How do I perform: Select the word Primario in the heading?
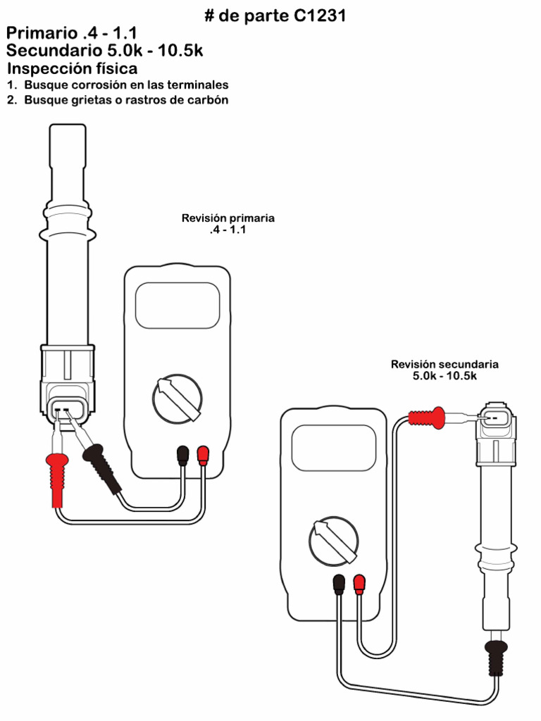41,33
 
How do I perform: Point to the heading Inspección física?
72,69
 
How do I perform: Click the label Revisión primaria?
228,218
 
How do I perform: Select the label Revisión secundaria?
444,364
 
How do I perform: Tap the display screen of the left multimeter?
177,305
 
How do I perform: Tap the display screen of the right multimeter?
334,448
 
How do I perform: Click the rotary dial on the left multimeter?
178,398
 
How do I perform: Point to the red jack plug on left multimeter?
203,456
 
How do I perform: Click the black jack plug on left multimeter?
183,456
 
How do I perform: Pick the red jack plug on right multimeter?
359,584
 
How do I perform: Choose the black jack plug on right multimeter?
339,584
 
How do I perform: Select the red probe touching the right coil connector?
428,418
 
